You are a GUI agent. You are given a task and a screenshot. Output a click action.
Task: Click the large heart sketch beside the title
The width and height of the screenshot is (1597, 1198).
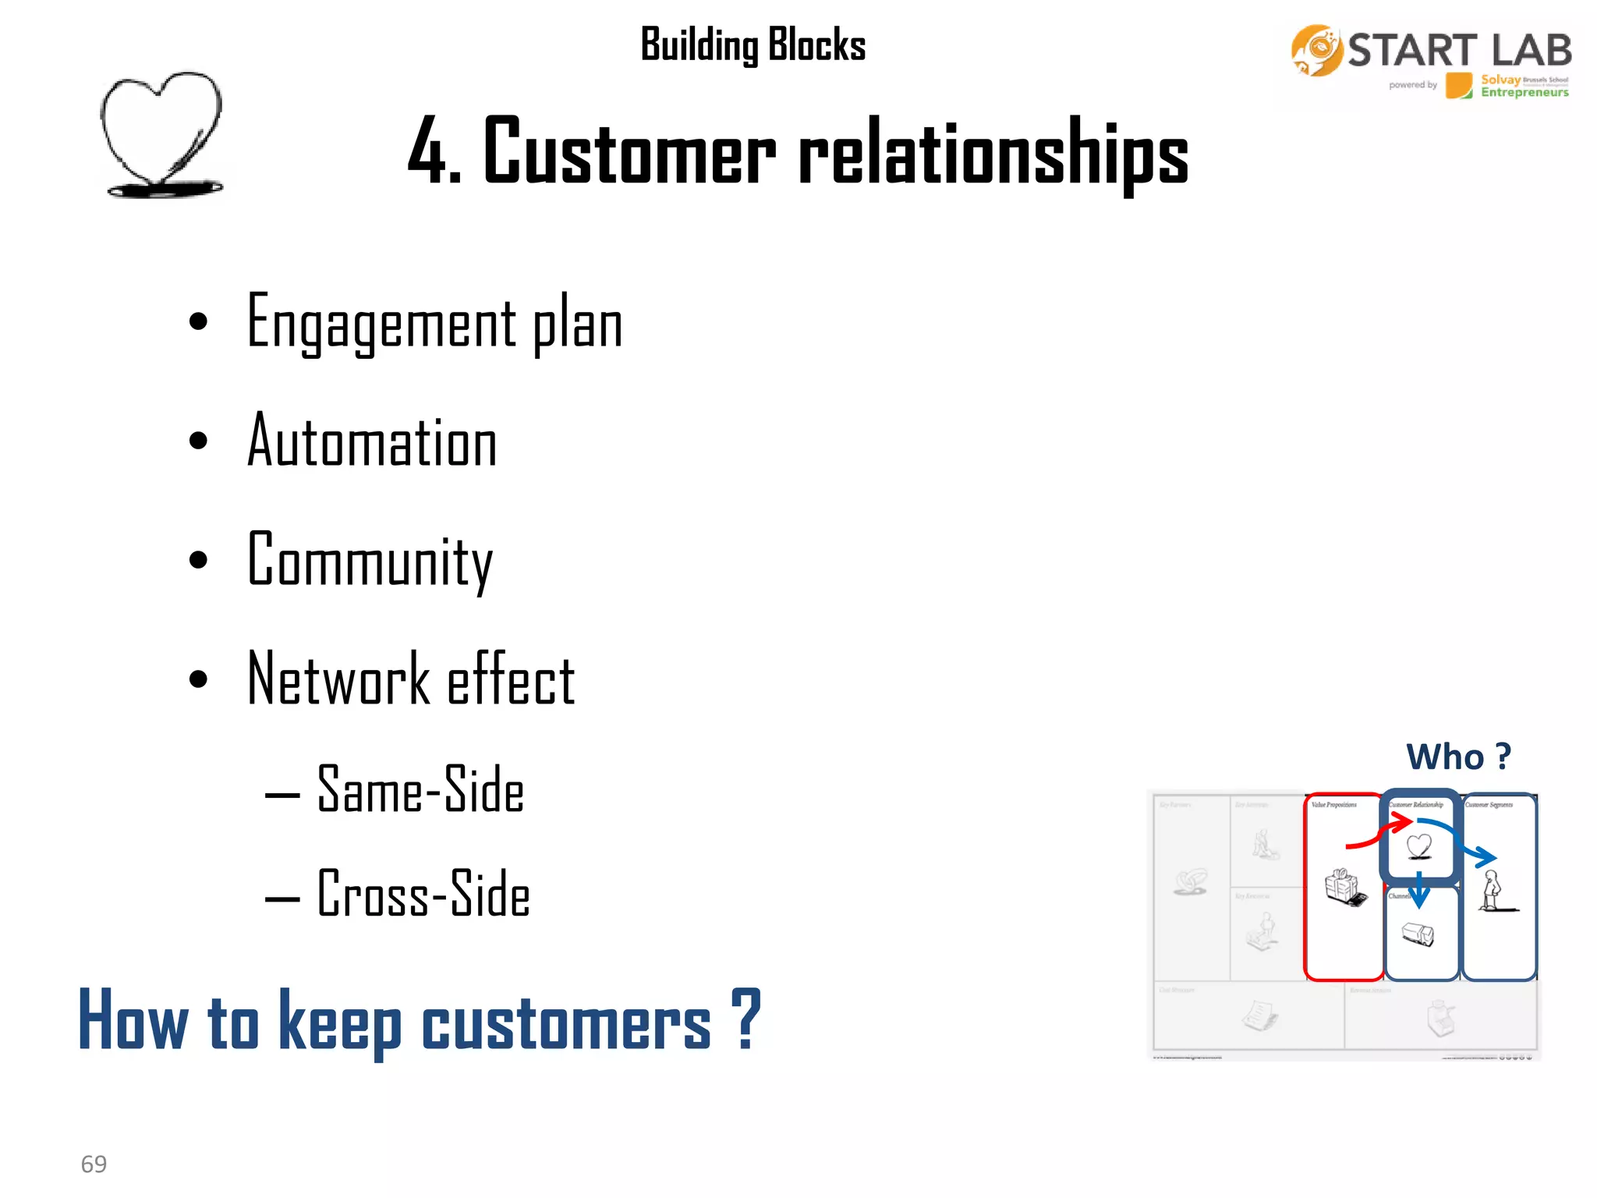(x=162, y=133)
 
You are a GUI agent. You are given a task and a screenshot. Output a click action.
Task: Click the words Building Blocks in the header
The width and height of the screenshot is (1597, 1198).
(x=752, y=45)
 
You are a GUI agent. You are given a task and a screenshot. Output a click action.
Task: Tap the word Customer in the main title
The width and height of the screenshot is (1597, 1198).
(x=629, y=151)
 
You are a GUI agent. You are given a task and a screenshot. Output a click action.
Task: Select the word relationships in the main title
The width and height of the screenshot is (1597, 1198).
(x=993, y=153)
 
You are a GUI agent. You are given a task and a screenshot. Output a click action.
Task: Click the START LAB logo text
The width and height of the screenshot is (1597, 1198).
(x=1458, y=51)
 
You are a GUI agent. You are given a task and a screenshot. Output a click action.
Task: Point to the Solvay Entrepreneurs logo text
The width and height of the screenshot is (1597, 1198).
(x=1523, y=86)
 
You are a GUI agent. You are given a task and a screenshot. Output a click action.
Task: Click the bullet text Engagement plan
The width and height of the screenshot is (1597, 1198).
(x=434, y=323)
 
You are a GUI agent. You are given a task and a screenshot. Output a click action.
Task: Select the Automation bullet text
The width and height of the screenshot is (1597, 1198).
(x=372, y=441)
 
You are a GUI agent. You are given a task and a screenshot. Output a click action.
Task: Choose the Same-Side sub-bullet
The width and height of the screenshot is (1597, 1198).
(x=420, y=790)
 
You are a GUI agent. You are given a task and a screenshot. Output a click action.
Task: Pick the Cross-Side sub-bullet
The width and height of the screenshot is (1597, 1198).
(x=423, y=894)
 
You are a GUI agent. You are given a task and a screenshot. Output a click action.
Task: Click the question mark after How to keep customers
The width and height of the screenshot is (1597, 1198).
(x=745, y=1019)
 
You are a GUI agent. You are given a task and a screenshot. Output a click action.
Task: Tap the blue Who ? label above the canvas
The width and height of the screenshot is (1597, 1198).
(x=1457, y=757)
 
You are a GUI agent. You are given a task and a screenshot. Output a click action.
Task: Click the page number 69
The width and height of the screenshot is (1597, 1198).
(x=94, y=1164)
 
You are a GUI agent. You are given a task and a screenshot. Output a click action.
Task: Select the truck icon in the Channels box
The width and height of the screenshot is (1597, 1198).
(x=1418, y=934)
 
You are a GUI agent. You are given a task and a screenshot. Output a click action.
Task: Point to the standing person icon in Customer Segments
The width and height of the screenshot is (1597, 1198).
(x=1493, y=891)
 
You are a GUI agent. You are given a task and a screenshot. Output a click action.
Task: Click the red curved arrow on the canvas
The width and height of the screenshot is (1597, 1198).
(x=1379, y=835)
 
